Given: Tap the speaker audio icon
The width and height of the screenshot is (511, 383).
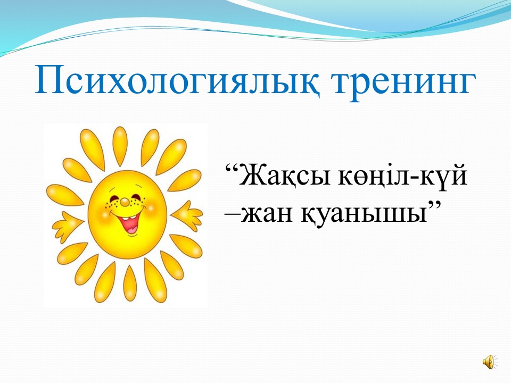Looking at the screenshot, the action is click(490, 362).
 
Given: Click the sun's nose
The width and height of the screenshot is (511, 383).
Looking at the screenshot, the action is click(124, 202).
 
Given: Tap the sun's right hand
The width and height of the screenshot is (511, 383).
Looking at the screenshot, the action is click(187, 215).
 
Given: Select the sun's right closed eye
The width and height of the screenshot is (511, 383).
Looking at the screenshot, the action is click(135, 196).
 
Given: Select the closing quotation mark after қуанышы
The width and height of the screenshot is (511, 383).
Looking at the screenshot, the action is click(434, 206).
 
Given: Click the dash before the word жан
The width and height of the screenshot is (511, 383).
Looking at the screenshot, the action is click(233, 215).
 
